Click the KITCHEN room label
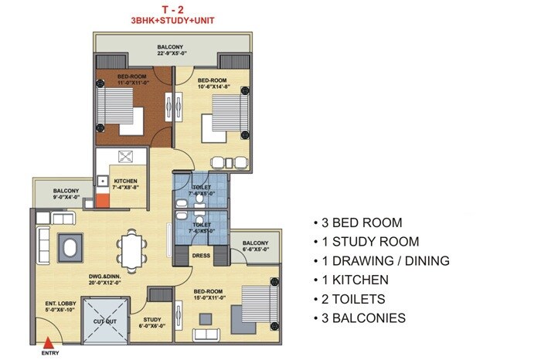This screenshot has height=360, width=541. pyautogui.click(x=125, y=182)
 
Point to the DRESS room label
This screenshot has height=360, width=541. pyautogui.click(x=201, y=255)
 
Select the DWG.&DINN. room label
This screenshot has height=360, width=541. pyautogui.click(x=102, y=280)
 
